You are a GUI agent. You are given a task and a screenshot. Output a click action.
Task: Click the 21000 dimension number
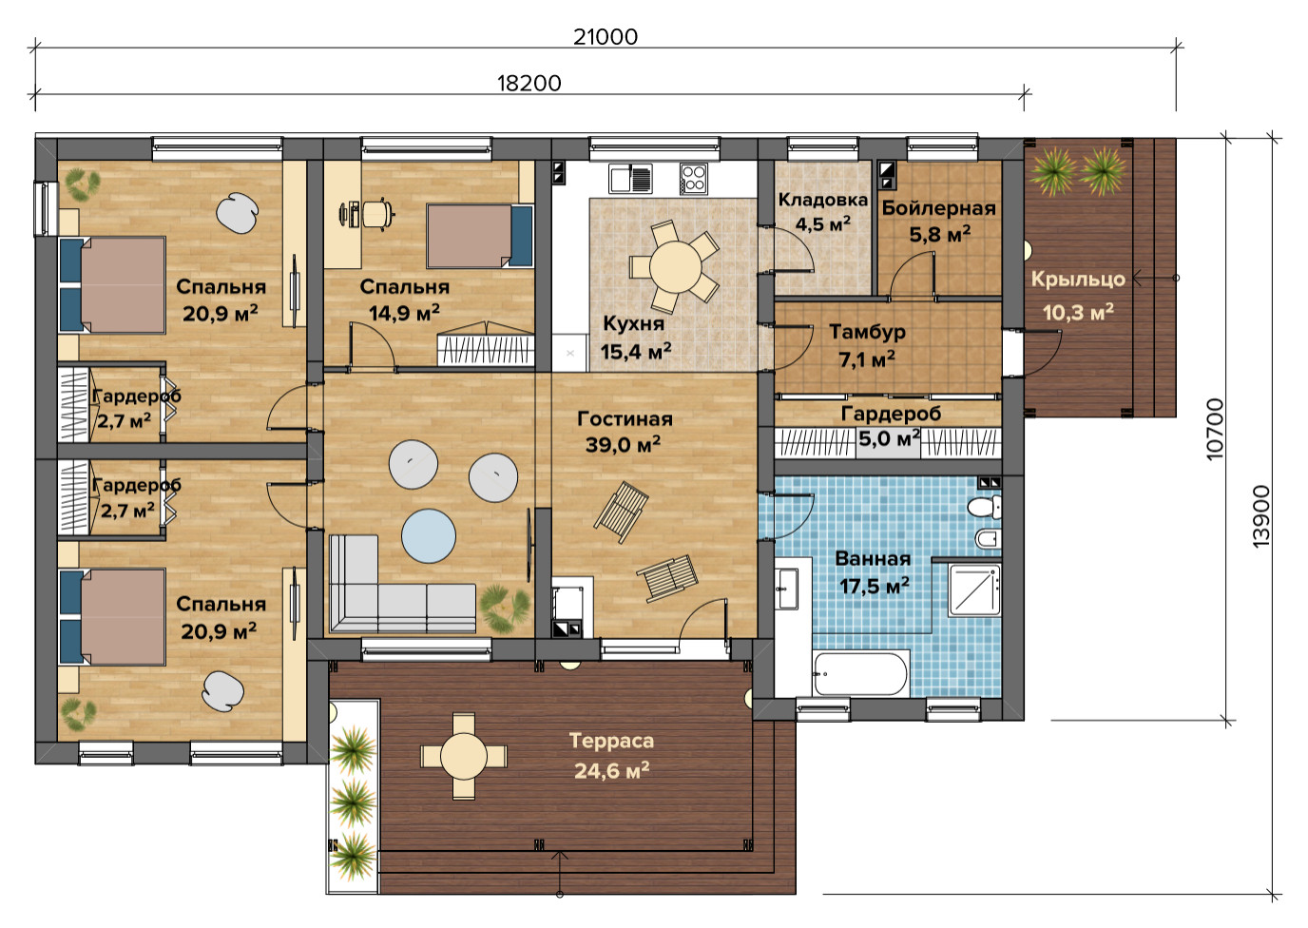point(605,37)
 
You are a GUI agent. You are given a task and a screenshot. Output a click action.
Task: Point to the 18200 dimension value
point(529,84)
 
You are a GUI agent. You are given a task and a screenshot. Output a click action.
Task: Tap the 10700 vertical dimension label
point(1214,429)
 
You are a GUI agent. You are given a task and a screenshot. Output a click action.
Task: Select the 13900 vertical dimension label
point(1260,516)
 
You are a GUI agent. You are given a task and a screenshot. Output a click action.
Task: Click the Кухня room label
point(633,323)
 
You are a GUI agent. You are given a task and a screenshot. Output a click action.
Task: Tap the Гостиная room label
point(625,418)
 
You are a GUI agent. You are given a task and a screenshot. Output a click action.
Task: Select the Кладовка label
point(823,200)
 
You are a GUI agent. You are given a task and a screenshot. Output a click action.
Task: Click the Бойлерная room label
point(938,208)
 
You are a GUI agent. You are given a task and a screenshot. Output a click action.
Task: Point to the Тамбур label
point(867,332)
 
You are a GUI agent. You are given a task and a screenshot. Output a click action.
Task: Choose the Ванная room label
point(873,558)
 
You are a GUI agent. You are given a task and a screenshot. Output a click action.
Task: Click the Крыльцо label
point(1078,280)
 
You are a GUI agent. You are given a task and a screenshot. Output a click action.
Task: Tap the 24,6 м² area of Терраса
point(611,771)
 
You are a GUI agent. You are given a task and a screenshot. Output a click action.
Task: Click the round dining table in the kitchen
point(676,267)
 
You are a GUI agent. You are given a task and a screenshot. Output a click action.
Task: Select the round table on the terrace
point(464,756)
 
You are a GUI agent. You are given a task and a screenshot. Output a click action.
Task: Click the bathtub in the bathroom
point(860,673)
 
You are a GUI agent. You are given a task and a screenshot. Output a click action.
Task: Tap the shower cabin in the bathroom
point(974,590)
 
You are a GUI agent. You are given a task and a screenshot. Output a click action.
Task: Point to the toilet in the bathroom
point(985,507)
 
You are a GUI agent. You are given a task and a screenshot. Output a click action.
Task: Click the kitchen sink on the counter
point(630,178)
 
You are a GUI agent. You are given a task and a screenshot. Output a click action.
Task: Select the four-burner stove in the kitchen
point(694,178)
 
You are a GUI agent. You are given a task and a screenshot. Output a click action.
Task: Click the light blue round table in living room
point(429,535)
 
